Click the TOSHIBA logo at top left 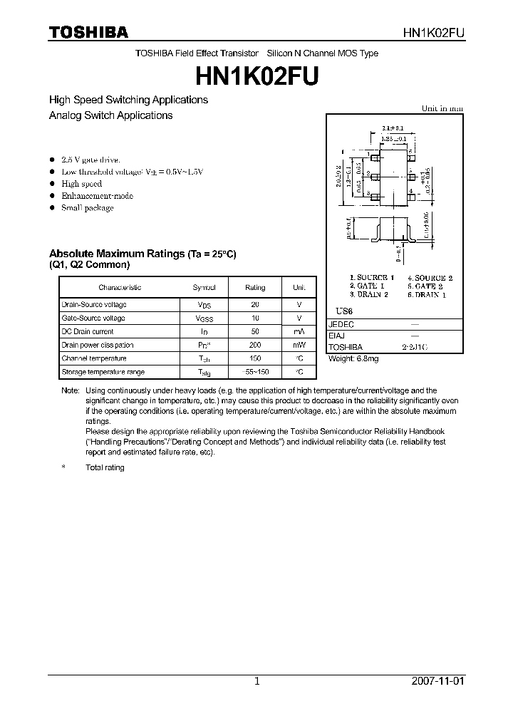tap(88, 32)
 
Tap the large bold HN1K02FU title tap(256, 75)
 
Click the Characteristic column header tap(120, 287)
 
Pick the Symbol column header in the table tap(204, 287)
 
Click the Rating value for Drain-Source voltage tap(255, 305)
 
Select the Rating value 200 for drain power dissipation tap(255, 345)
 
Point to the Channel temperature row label tap(94, 358)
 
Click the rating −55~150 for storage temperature tap(255, 372)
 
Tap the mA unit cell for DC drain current tap(299, 331)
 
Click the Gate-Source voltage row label tap(93, 318)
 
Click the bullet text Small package tap(87, 208)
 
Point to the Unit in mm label tap(442, 108)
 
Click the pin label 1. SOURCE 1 tap(371, 277)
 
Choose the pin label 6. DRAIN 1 tap(430, 294)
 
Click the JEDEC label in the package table tap(341, 323)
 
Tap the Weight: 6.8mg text tap(353, 359)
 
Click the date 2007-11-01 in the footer tap(437, 681)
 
